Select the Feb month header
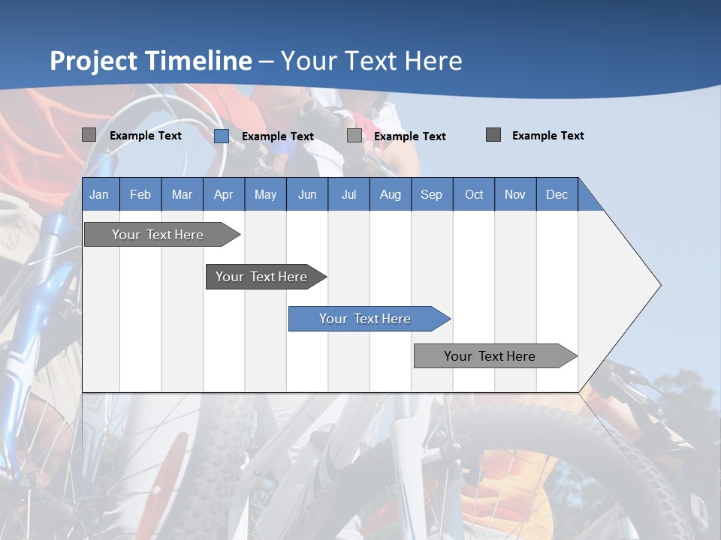click(x=140, y=194)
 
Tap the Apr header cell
click(x=223, y=194)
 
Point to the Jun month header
click(x=306, y=194)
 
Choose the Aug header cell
click(x=390, y=194)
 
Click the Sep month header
click(x=431, y=194)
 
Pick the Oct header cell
click(x=473, y=194)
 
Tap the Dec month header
click(x=557, y=194)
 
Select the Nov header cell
click(x=514, y=194)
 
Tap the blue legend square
click(x=222, y=136)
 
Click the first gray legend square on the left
click(x=89, y=135)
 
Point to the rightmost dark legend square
click(x=493, y=135)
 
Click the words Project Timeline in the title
click(x=151, y=61)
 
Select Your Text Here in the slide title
click(x=371, y=61)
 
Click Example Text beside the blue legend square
click(x=277, y=136)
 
